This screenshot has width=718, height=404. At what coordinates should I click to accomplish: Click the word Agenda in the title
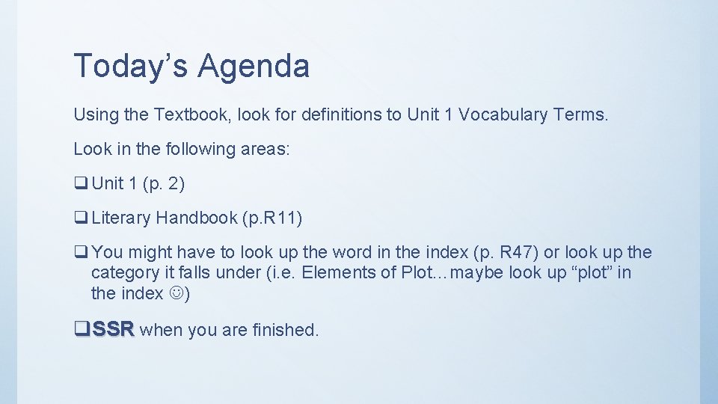click(x=254, y=67)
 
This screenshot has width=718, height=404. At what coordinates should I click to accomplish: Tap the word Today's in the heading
click(x=132, y=66)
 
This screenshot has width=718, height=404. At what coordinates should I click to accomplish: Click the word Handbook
click(x=197, y=218)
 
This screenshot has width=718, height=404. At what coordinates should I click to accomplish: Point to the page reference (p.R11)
click(x=272, y=218)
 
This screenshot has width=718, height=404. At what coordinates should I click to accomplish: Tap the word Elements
click(x=331, y=272)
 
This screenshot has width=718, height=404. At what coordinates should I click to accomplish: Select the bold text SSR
click(x=114, y=329)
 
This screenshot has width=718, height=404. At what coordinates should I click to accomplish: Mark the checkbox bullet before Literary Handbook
click(x=80, y=218)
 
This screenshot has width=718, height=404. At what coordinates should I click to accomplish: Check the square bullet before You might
click(x=80, y=253)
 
